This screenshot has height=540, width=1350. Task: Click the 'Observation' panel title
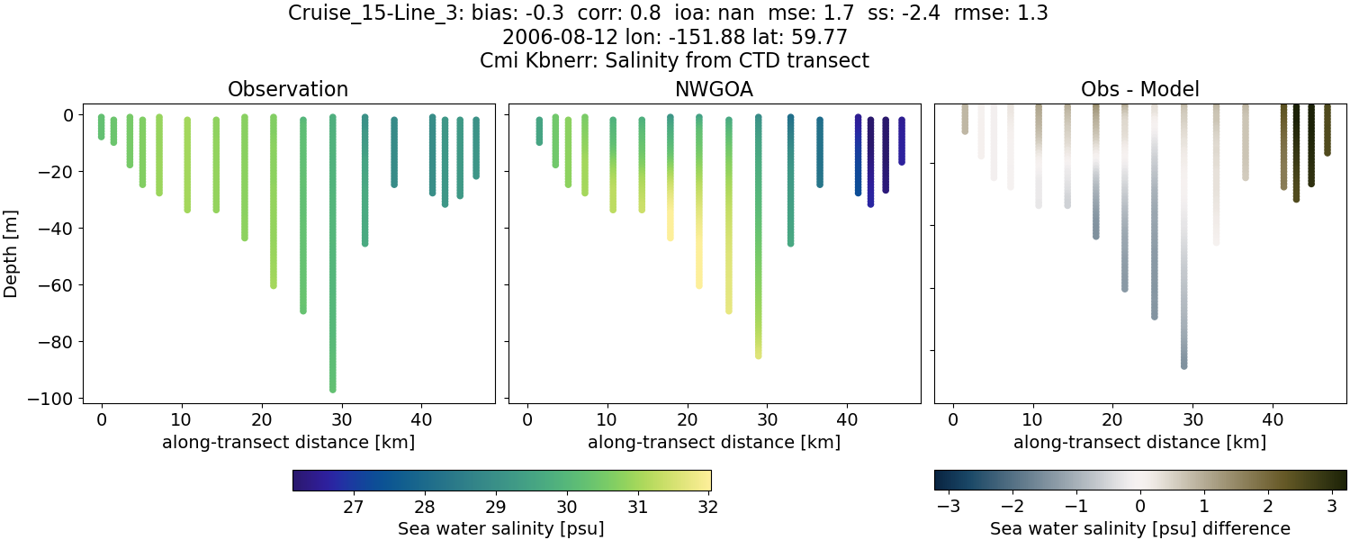288,89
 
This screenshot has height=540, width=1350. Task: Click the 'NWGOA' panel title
714,89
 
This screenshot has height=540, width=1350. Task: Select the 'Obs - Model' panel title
1139,89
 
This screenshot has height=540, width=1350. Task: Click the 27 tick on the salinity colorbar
353,507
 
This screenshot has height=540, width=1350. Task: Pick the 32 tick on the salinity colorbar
707,507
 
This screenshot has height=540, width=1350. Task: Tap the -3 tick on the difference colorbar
948,507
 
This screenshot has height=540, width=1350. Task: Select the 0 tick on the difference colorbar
1140,507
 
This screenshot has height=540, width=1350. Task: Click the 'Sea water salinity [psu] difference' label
1139,528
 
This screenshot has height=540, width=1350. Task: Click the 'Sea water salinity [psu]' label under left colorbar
500,528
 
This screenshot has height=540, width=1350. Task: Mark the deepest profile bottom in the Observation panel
332,389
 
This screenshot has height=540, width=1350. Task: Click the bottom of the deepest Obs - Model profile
1183,365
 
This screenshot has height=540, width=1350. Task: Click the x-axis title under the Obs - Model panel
1139,442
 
